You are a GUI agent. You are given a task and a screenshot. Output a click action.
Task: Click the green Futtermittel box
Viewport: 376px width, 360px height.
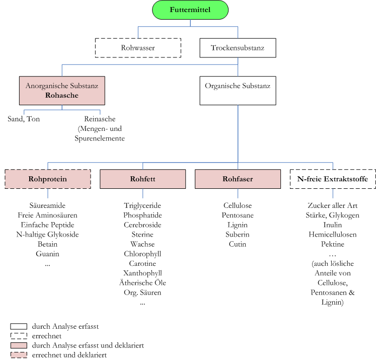pos(190,10)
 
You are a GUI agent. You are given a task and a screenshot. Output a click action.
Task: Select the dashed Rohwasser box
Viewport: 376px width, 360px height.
pos(138,48)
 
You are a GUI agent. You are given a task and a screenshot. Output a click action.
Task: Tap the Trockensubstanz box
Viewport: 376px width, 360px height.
pos(238,48)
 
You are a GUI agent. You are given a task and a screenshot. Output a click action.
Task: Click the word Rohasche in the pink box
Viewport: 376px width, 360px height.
pos(61,95)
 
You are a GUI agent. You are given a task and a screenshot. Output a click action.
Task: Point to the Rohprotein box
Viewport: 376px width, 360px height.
pos(48,179)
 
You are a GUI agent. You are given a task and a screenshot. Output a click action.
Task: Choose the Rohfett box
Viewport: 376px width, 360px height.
pos(142,179)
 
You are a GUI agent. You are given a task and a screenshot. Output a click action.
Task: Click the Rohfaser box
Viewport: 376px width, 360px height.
pos(238,179)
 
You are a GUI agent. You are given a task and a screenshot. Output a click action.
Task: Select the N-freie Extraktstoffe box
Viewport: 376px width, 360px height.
pos(333,179)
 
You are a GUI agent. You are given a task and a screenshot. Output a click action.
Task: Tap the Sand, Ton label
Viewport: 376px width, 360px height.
pos(24,119)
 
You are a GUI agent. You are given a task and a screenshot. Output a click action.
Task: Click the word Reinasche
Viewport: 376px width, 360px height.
pos(100,119)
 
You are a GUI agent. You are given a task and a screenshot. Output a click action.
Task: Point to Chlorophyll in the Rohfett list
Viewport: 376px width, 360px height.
pos(142,254)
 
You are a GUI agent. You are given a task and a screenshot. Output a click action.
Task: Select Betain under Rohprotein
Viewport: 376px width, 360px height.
pos(47,244)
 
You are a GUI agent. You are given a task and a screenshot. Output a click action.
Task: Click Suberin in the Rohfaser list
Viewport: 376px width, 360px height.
pos(238,235)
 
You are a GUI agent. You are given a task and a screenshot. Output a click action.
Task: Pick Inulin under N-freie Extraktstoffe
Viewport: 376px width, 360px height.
pos(333,225)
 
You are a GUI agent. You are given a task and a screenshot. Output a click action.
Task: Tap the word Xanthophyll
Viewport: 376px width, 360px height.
pos(142,273)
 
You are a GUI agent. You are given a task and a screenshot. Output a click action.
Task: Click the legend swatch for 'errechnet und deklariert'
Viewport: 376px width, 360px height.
pos(19,355)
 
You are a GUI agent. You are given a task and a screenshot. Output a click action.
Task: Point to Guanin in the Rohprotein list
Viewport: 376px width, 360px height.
pos(47,254)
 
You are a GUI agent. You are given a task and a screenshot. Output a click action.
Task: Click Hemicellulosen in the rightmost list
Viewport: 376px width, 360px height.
pos(333,235)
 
